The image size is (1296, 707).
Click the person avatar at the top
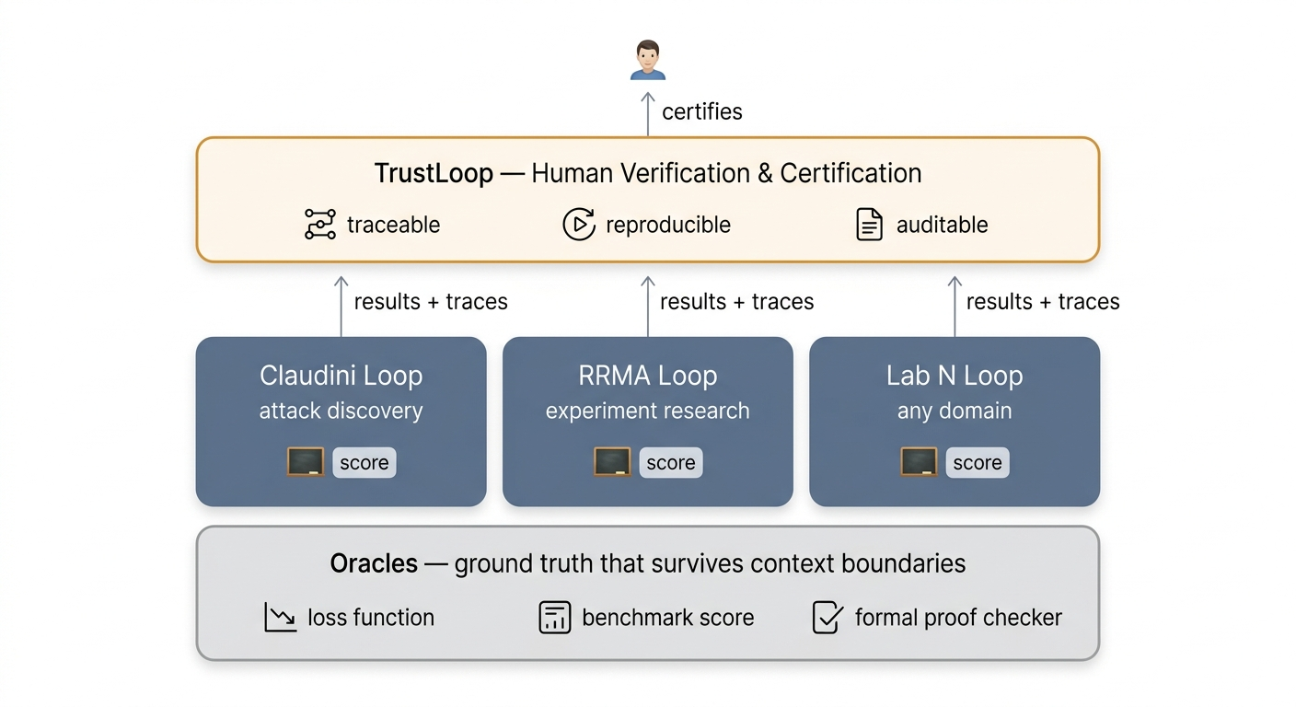(648, 60)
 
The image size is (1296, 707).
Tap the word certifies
(701, 112)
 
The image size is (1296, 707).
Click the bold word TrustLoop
(433, 173)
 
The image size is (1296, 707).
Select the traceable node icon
(320, 225)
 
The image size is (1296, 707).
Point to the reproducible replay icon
(578, 225)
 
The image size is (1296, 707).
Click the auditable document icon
(869, 225)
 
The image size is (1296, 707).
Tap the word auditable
(942, 225)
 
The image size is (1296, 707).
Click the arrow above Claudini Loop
(341, 306)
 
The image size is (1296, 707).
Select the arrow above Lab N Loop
(955, 306)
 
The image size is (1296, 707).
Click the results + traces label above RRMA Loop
(736, 302)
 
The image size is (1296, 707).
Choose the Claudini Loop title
(341, 376)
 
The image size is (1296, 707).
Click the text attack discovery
(341, 411)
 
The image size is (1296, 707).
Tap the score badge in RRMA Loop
(670, 462)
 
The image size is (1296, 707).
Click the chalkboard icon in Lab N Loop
(919, 462)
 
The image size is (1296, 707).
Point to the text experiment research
(647, 411)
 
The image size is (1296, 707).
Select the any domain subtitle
(955, 411)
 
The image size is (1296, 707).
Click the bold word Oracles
(374, 563)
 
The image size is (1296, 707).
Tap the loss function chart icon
(279, 618)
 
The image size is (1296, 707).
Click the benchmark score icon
(554, 618)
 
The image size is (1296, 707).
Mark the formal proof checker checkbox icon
(827, 618)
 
